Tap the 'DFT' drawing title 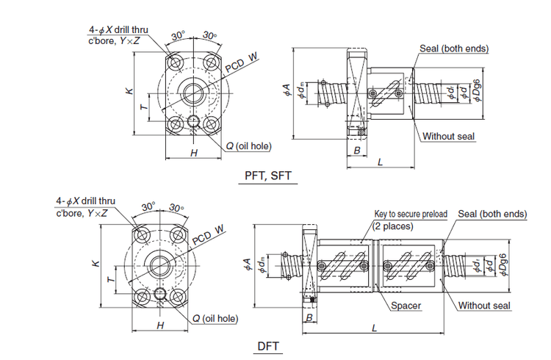click(x=269, y=345)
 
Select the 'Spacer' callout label click(x=406, y=305)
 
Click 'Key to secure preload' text click(x=410, y=214)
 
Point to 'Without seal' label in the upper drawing click(x=448, y=136)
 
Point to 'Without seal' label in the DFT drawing click(x=485, y=305)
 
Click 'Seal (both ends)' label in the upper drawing click(x=454, y=49)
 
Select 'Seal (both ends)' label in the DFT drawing click(x=492, y=214)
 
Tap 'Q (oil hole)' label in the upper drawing click(x=248, y=146)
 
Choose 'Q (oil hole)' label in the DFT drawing click(x=215, y=318)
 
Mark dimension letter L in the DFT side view click(x=375, y=328)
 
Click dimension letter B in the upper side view click(x=356, y=151)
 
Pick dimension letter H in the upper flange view click(x=194, y=153)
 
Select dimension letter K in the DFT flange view click(x=96, y=262)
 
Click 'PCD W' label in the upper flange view click(x=243, y=62)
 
